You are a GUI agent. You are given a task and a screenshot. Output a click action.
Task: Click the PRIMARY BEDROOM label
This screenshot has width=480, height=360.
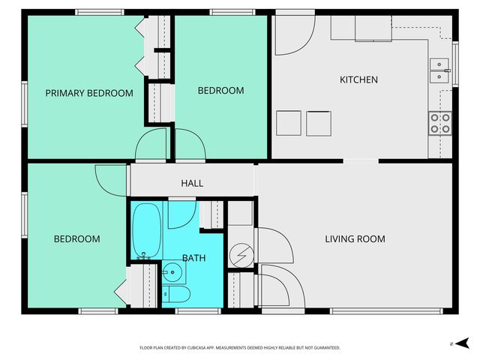89,94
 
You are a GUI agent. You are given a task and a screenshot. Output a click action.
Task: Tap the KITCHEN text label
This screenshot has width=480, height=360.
358,79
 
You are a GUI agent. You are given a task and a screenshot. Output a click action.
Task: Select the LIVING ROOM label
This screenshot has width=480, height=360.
355,239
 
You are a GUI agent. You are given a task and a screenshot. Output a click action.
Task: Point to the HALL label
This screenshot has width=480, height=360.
192,183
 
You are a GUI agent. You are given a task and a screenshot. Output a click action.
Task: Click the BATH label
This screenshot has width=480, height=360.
194,258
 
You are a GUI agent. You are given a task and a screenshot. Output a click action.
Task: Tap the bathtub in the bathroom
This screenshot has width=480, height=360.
146,229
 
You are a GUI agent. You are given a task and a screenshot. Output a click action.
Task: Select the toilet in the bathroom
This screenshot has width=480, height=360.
175,294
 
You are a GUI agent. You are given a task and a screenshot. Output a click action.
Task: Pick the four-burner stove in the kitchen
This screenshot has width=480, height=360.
439,123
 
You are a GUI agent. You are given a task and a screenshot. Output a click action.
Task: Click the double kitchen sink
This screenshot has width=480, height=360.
439,70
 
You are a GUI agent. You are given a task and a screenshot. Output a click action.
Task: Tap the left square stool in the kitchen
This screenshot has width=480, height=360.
288,123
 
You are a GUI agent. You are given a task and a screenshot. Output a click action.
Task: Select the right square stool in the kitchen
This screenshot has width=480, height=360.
319,123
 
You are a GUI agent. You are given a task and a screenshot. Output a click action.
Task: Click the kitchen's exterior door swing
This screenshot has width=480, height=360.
292,36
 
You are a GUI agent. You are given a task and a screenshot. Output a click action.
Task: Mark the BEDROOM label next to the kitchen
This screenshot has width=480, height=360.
220,91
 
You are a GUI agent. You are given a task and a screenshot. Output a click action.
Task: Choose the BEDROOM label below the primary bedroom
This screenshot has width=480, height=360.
76,239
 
